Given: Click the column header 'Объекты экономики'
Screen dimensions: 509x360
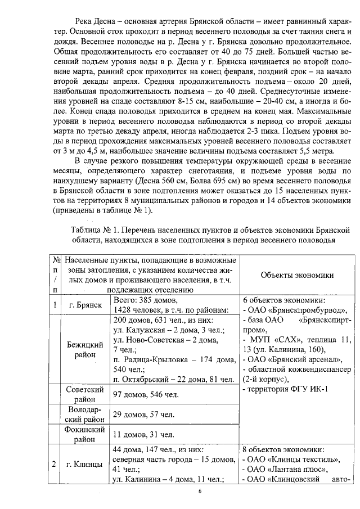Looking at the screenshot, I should pyautogui.click(x=297, y=275).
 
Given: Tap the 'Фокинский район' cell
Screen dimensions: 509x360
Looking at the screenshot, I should pyautogui.click(x=85, y=434).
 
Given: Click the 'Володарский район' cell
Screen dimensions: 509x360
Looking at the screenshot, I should pyautogui.click(x=85, y=415).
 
